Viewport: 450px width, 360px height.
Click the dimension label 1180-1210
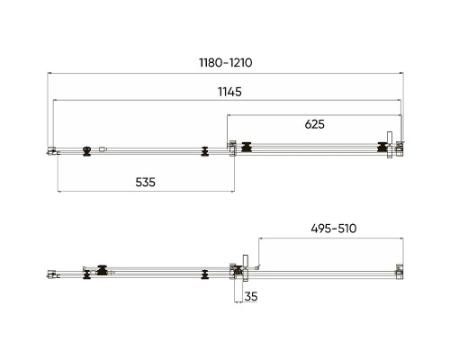coord(226,63)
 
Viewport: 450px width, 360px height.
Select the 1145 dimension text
coord(229,92)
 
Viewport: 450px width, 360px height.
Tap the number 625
coord(314,124)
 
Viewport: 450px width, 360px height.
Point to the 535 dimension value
coord(145,182)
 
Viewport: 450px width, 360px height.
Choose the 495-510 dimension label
coord(334,229)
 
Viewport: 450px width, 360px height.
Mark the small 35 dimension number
coord(251,296)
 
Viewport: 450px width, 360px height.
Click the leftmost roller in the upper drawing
coord(86,151)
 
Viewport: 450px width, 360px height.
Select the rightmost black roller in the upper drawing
coord(382,148)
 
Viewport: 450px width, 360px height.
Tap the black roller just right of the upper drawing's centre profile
coord(247,147)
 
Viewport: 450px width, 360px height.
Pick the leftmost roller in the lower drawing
coord(86,274)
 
